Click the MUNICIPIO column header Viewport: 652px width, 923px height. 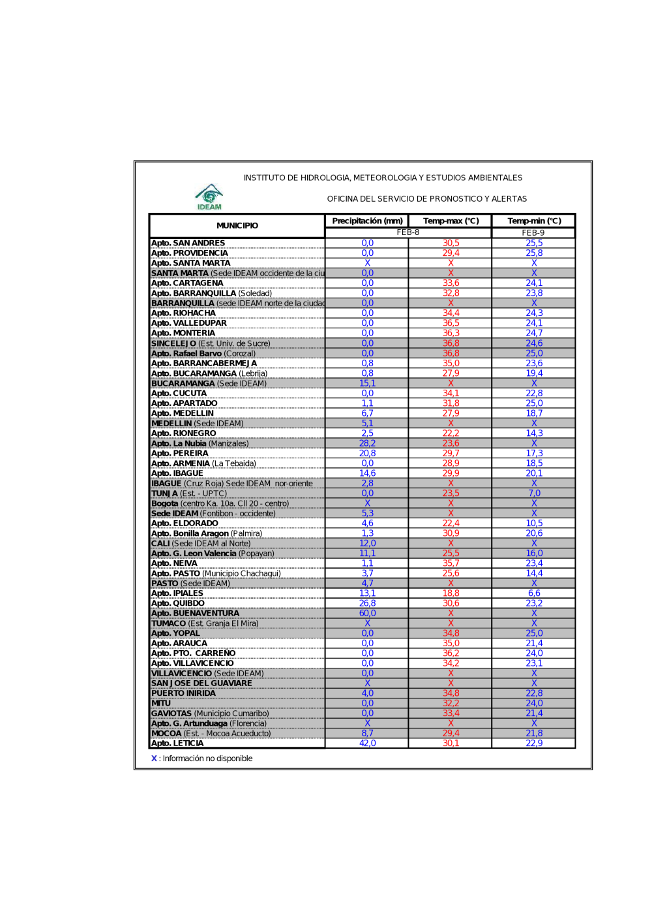click(x=237, y=226)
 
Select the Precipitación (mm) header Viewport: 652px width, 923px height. click(x=367, y=221)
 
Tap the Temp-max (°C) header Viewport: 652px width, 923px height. click(x=451, y=221)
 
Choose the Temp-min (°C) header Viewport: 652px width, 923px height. click(x=534, y=221)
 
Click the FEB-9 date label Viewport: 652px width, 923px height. click(x=533, y=233)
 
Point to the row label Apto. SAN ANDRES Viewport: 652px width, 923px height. click(x=188, y=243)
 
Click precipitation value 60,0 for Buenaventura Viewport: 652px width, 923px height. click(x=367, y=614)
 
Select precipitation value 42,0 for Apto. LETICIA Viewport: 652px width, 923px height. click(x=367, y=743)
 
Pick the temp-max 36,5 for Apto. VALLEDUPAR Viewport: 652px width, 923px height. click(x=451, y=323)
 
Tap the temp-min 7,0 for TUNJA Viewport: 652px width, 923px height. click(x=534, y=493)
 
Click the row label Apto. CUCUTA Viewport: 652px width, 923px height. click(x=179, y=394)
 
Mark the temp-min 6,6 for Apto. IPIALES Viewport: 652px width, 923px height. click(x=534, y=593)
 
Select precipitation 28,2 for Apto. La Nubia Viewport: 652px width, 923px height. click(x=367, y=443)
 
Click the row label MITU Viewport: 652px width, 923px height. click(x=161, y=704)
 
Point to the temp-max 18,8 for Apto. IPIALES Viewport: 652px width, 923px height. click(x=451, y=593)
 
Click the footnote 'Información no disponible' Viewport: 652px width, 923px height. click(x=207, y=759)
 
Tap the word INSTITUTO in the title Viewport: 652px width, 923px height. click(x=264, y=178)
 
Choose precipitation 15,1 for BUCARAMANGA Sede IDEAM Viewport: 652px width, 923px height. click(x=367, y=383)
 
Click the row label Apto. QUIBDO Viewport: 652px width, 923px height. click(x=178, y=604)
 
